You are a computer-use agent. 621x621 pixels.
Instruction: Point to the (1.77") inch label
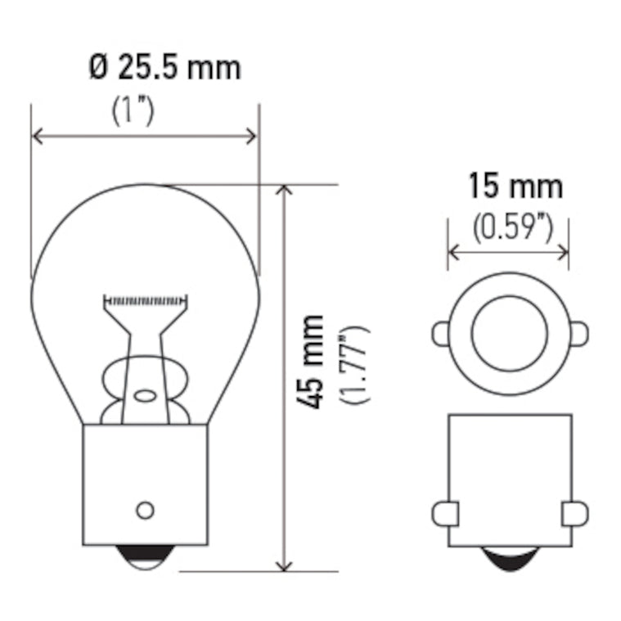point(357,363)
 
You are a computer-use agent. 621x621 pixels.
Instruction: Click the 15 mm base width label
point(515,187)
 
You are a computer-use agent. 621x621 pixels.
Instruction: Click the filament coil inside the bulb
point(145,301)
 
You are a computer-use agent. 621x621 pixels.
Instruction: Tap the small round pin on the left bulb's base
point(145,510)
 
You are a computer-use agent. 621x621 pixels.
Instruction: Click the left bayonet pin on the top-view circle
point(441,333)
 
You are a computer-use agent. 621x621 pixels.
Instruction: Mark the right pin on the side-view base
point(574,513)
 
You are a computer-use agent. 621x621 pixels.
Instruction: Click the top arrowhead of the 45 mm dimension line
point(284,191)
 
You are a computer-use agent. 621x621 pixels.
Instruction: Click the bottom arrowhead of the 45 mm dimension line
point(284,565)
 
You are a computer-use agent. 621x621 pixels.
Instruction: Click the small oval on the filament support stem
point(145,395)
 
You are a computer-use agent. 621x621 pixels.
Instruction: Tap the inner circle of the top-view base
point(509,333)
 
